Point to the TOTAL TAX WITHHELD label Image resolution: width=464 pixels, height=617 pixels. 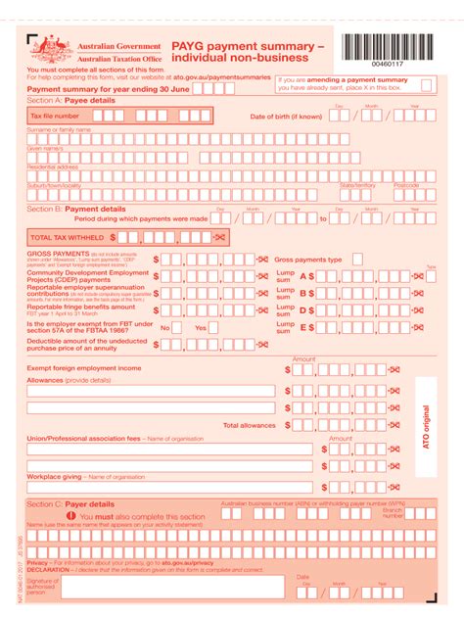tap(68, 237)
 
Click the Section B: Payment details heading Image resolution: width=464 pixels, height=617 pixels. tap(76, 209)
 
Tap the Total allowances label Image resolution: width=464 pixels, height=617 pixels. tap(249, 426)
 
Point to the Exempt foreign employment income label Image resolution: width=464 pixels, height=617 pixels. tap(84, 368)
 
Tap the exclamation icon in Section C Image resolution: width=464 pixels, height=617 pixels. tap(71, 516)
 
